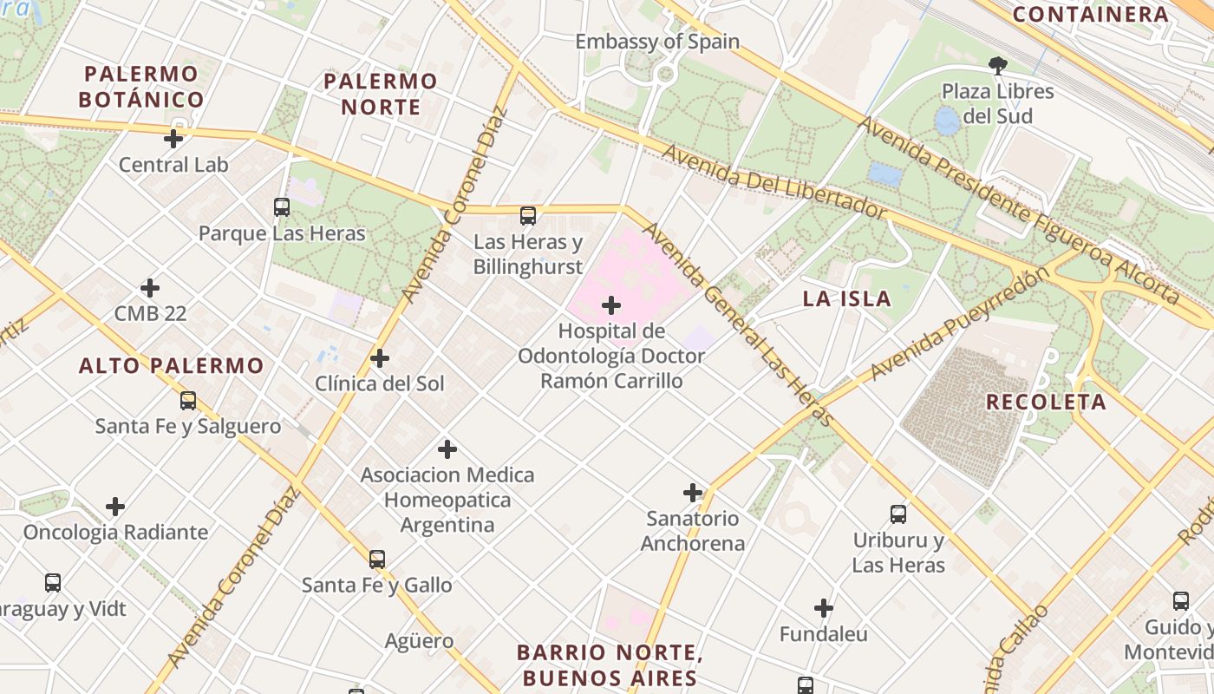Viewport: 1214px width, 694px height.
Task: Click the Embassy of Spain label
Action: (657, 42)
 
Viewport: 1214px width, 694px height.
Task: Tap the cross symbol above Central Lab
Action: (173, 138)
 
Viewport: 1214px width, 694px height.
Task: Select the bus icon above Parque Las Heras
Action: (282, 207)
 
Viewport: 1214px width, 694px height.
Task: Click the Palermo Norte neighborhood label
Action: (381, 94)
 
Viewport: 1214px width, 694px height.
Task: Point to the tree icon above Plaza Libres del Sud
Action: (998, 65)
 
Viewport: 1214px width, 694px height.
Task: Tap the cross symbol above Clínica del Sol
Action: (379, 358)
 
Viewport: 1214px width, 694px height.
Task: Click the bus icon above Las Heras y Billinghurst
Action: (527, 216)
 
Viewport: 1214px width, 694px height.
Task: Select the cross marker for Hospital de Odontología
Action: (611, 305)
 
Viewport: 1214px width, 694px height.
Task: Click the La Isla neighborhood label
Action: (846, 299)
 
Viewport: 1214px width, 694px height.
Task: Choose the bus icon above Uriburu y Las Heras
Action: (898, 514)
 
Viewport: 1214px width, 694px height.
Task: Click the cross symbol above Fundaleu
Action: (823, 608)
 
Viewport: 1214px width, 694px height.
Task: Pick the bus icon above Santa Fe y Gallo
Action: (376, 560)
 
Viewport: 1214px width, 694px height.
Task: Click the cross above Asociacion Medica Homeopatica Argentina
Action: (447, 449)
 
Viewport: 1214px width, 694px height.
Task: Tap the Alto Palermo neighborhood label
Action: (171, 366)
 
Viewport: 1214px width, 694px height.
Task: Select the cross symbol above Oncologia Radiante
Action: (115, 507)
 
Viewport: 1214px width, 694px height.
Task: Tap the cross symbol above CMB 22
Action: (150, 288)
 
